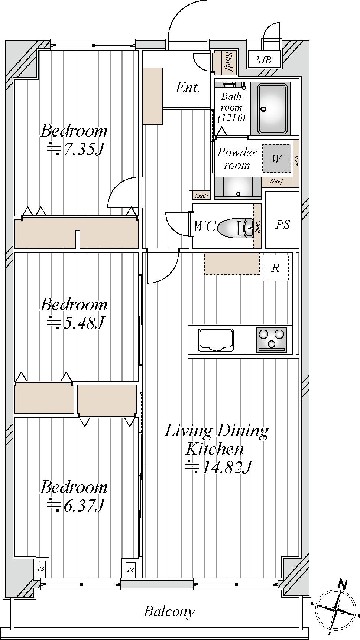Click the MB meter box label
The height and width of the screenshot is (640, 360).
[263, 60]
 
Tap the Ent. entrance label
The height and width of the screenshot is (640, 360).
[188, 88]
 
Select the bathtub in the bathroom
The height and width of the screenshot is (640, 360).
[272, 109]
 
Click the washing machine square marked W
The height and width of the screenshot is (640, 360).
[276, 159]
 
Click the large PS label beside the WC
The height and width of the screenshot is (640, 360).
[282, 224]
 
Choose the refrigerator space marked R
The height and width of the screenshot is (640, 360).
[275, 268]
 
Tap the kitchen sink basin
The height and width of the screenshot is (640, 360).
[216, 339]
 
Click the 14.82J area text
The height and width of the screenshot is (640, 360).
[218, 467]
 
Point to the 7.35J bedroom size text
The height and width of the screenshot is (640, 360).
[75, 149]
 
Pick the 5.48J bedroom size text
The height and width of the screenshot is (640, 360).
[75, 323]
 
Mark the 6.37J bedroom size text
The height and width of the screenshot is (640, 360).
[75, 505]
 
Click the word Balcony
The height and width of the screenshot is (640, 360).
[169, 611]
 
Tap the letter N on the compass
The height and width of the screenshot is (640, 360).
[343, 585]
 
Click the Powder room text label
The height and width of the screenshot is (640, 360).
[237, 159]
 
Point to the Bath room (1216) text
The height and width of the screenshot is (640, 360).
[231, 107]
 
